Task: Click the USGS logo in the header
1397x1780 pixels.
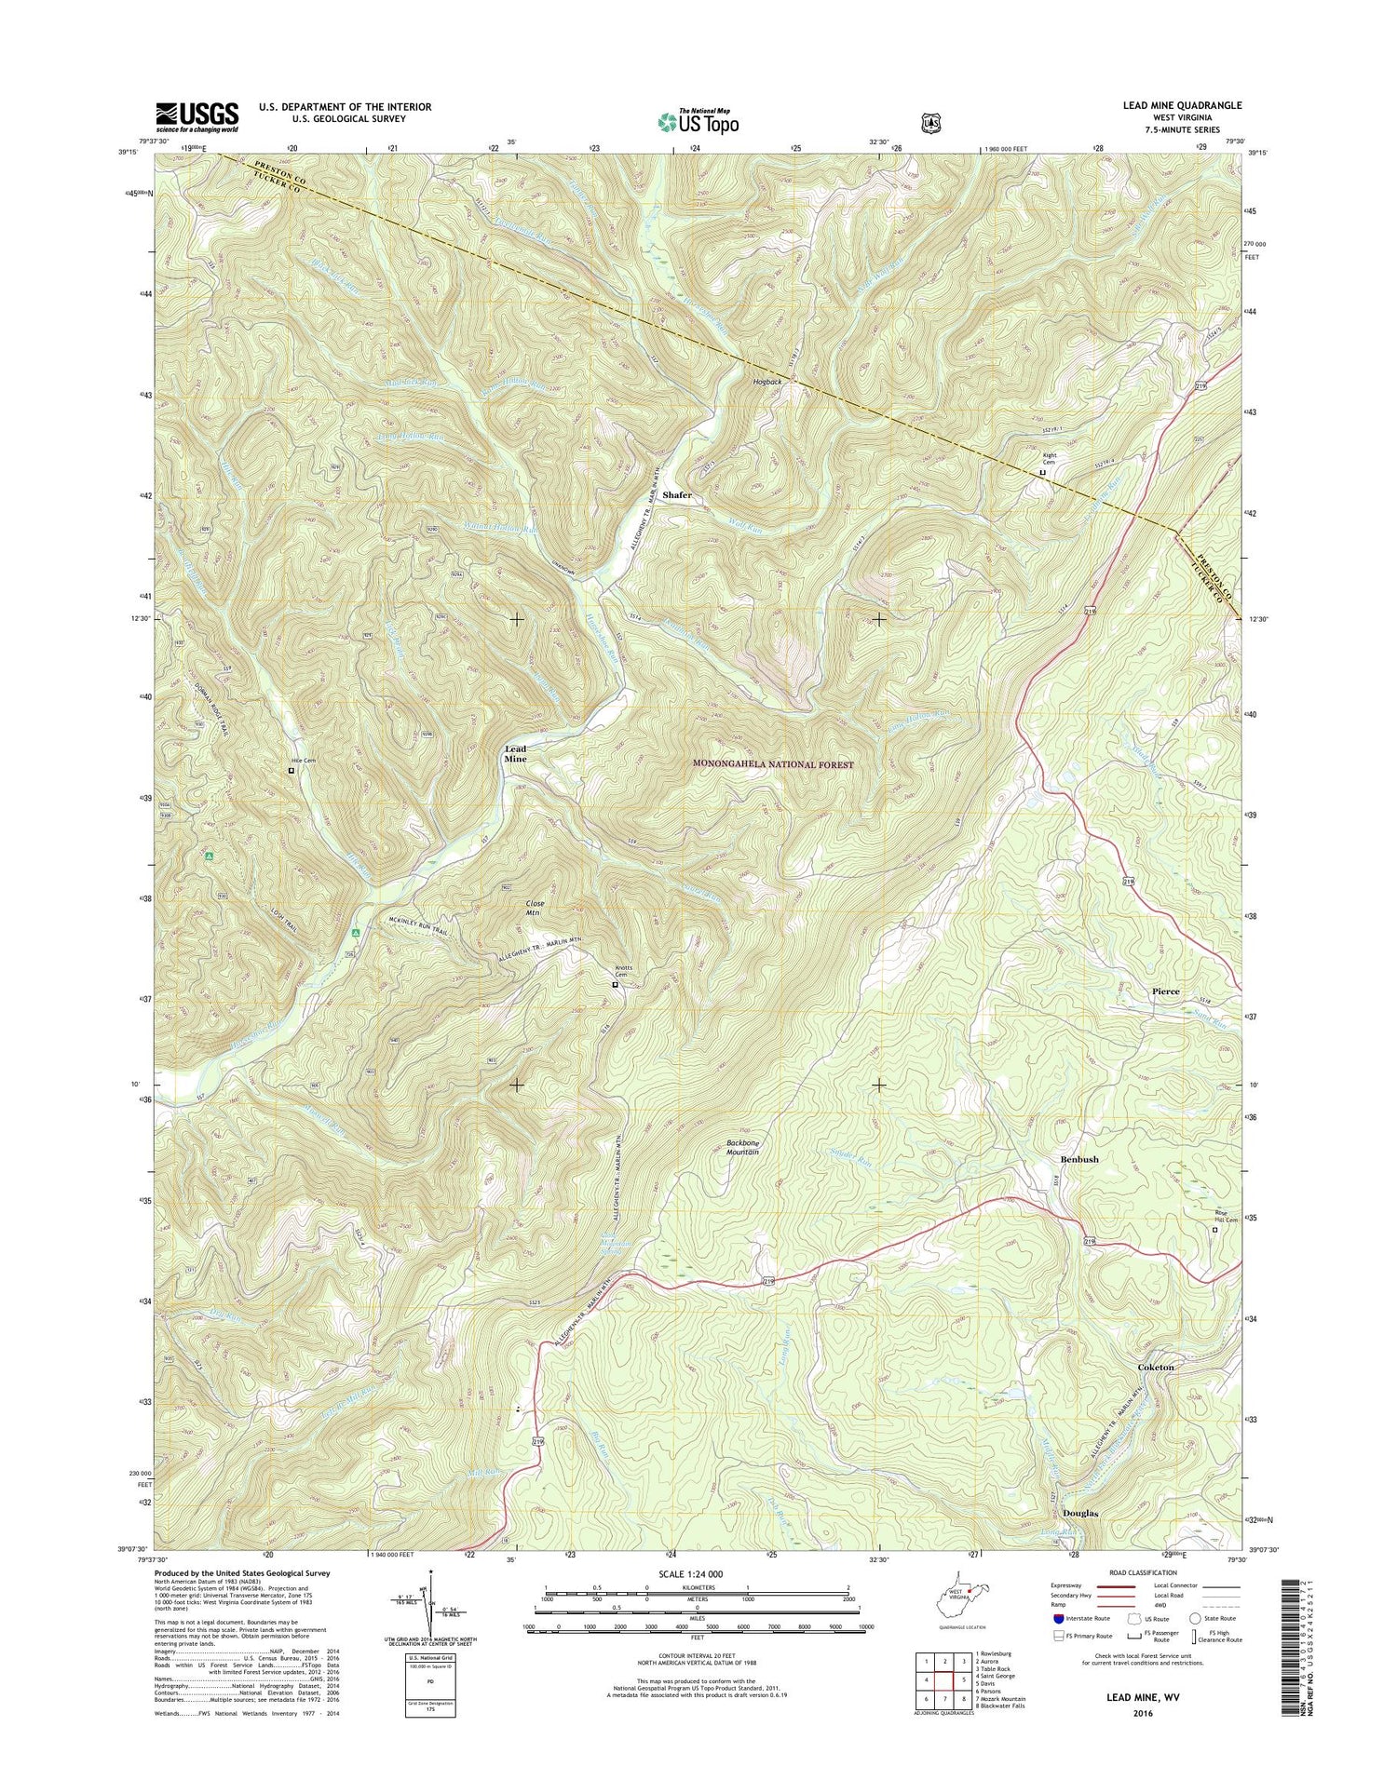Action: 197,117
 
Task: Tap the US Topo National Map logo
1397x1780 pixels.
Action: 698,120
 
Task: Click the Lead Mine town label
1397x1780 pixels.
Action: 515,754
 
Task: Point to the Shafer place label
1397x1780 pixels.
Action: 677,495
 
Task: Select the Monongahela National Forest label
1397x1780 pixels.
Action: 773,764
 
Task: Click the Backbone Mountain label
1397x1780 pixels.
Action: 742,1148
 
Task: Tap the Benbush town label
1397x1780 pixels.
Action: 1079,1159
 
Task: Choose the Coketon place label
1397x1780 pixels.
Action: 1156,1368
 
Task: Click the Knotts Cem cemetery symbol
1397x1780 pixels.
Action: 615,984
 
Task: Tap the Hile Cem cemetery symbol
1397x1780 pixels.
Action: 291,771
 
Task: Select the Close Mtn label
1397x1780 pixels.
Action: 535,909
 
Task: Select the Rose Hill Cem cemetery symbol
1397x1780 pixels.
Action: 1214,1230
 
